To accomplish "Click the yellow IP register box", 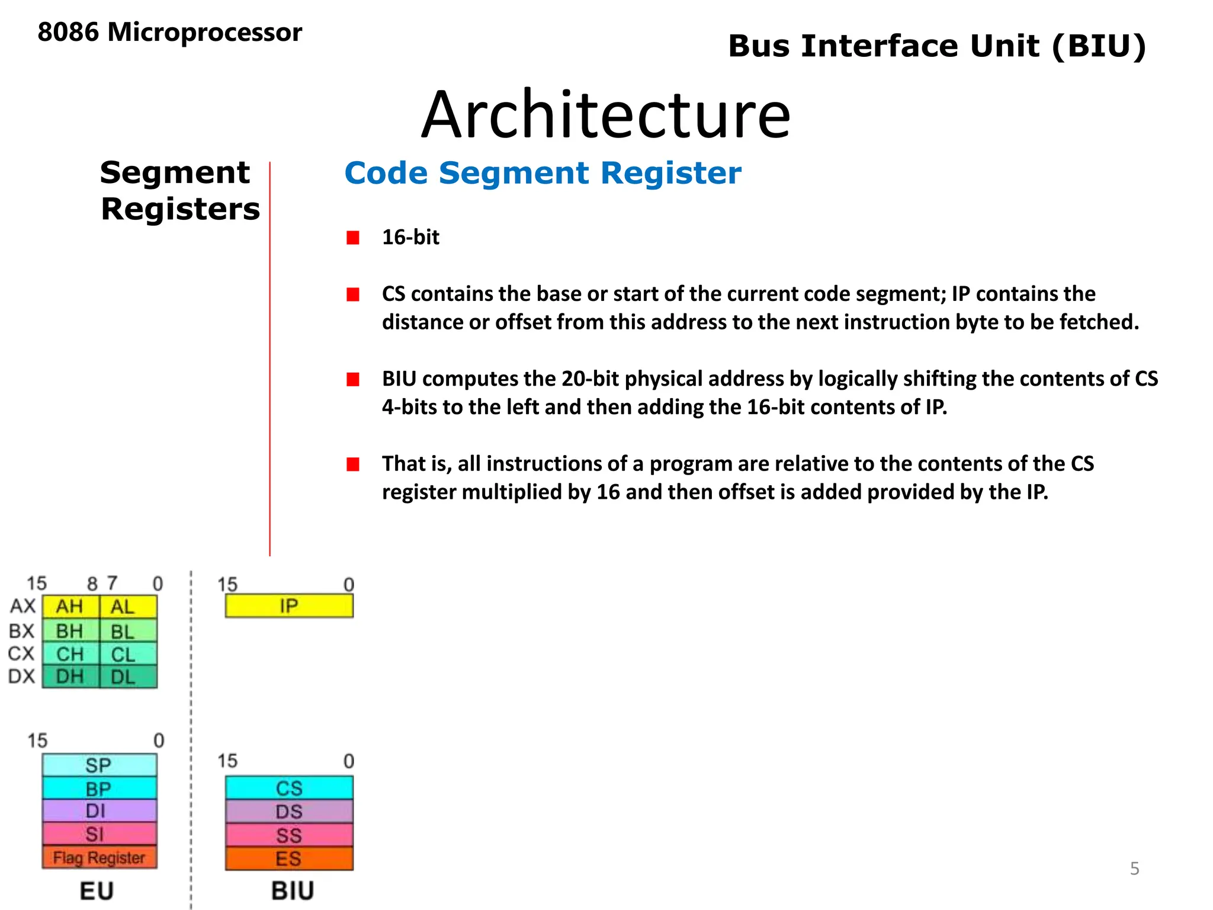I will pos(289,606).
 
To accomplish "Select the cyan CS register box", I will pos(289,788).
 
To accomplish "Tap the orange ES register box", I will pos(289,858).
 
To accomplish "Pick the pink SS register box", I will pos(289,835).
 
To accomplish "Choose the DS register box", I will pos(289,812).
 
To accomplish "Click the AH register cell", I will pos(70,607).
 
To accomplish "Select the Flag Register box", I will pos(99,857).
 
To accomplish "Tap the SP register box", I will pos(99,765).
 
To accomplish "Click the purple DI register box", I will pos(99,810).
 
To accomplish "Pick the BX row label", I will pos(22,631).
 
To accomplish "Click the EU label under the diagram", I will pos(97,890).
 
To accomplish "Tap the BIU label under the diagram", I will pos(293,890).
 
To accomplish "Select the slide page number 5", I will pos(1134,869).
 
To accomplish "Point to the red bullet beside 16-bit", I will pos(353,238).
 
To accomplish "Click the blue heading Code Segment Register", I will pos(543,173).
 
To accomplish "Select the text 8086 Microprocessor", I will pos(169,32).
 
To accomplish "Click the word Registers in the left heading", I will pos(180,209).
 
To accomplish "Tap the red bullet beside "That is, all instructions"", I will pos(353,464).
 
